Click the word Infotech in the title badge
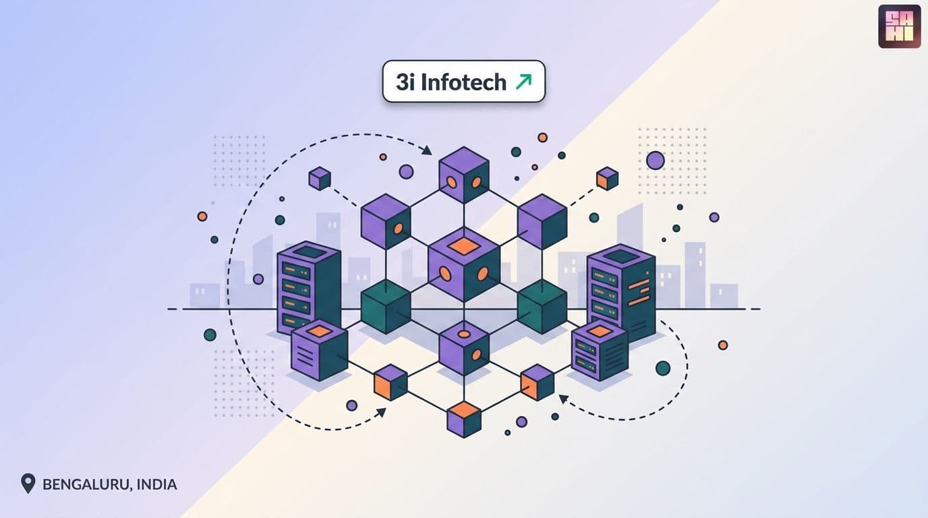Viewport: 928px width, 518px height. coord(463,82)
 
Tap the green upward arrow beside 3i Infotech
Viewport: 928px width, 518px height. coord(523,82)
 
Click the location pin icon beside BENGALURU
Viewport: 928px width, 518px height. coord(28,484)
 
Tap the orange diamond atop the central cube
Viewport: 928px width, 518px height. coord(464,246)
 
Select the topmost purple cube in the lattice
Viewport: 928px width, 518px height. coord(464,175)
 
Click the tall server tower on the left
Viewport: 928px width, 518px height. coord(309,288)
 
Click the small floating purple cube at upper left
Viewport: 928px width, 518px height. coord(320,179)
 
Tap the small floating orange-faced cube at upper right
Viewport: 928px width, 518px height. coord(608,179)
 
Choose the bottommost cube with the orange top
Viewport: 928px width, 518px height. coord(464,420)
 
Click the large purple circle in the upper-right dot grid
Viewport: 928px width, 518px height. coord(656,161)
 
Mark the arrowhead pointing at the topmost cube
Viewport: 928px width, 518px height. coord(427,150)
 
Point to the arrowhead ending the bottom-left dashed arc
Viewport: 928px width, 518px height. coord(381,413)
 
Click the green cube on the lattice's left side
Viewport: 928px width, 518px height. coord(386,307)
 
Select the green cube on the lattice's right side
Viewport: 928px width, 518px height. coord(542,307)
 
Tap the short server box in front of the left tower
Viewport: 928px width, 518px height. coord(320,350)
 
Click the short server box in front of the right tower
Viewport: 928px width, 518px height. coord(600,350)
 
